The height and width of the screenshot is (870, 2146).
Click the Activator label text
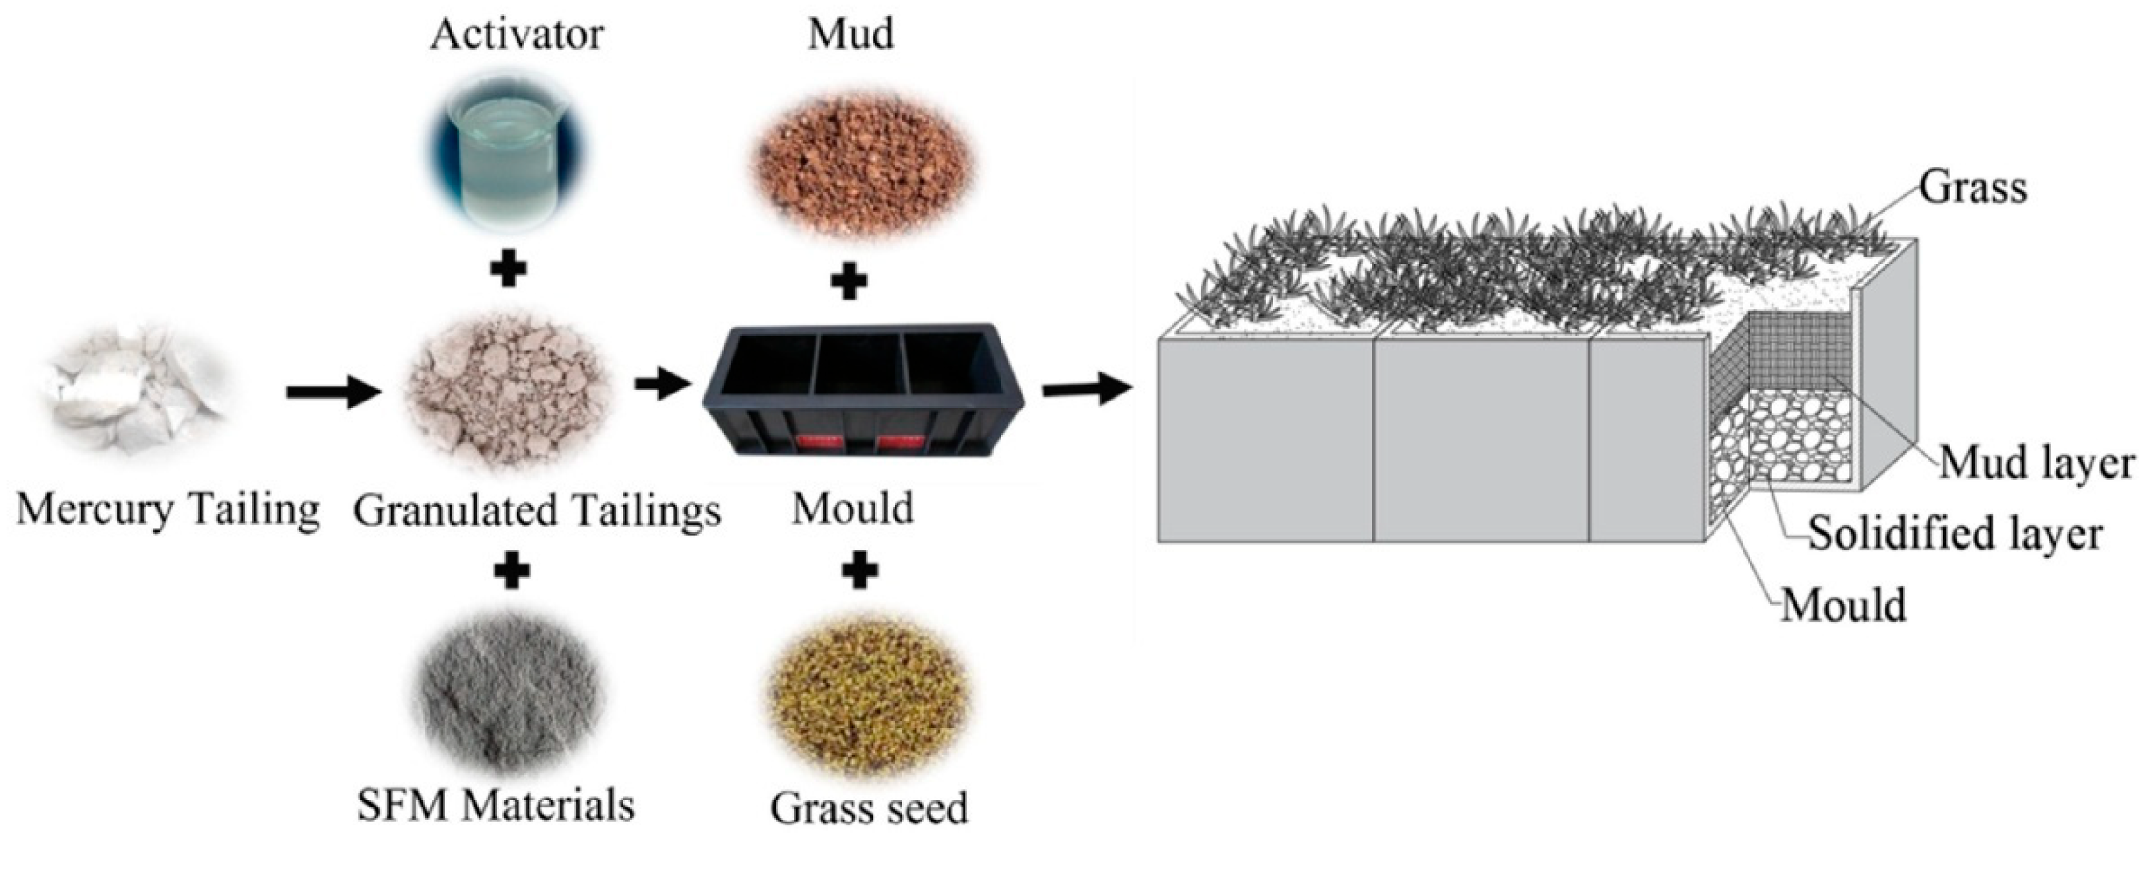[x=517, y=36]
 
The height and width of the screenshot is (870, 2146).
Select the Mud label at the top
[x=851, y=34]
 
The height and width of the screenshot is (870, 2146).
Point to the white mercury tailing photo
[x=133, y=391]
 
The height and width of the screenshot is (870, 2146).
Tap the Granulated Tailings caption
[x=536, y=510]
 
